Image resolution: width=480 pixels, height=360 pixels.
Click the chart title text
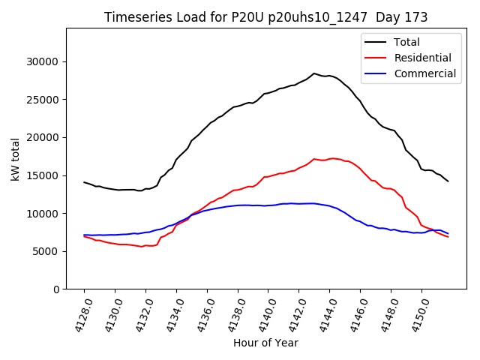266,17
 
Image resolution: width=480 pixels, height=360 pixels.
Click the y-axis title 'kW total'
16,158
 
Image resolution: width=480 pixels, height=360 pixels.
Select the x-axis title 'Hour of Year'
265,343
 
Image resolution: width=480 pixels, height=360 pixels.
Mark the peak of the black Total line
314,73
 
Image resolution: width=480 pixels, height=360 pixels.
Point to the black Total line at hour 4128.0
84,181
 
